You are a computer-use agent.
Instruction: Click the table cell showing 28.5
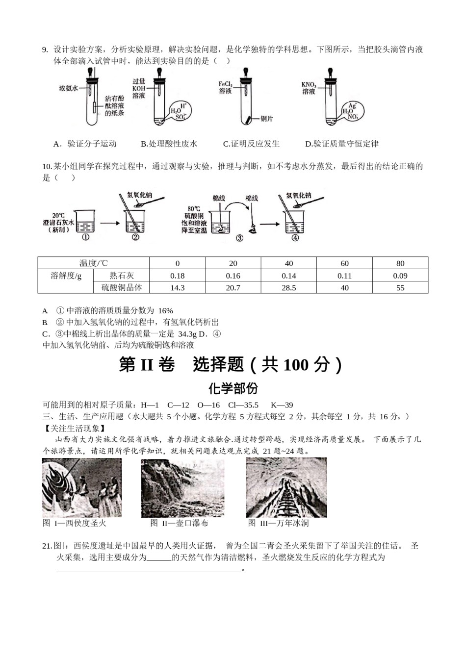(288, 288)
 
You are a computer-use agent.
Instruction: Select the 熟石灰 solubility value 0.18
(177, 276)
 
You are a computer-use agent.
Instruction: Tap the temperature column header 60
(344, 263)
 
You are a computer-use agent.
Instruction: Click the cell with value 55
(400, 288)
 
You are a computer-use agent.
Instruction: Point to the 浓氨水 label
(69, 88)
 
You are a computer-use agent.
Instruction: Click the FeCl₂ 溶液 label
(225, 88)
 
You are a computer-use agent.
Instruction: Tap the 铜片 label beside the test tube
(267, 119)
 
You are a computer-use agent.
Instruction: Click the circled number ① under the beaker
(85, 237)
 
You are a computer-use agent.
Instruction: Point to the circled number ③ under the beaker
(239, 238)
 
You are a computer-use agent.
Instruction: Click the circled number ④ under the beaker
(295, 238)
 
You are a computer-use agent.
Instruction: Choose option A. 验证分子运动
(85, 144)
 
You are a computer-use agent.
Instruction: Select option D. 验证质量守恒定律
(342, 144)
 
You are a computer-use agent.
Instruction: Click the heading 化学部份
(233, 388)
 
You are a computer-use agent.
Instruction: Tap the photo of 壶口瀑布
(182, 488)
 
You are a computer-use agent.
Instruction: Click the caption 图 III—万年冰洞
(278, 523)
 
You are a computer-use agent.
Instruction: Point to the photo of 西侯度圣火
(81, 488)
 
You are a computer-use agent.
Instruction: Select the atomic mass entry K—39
(282, 405)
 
